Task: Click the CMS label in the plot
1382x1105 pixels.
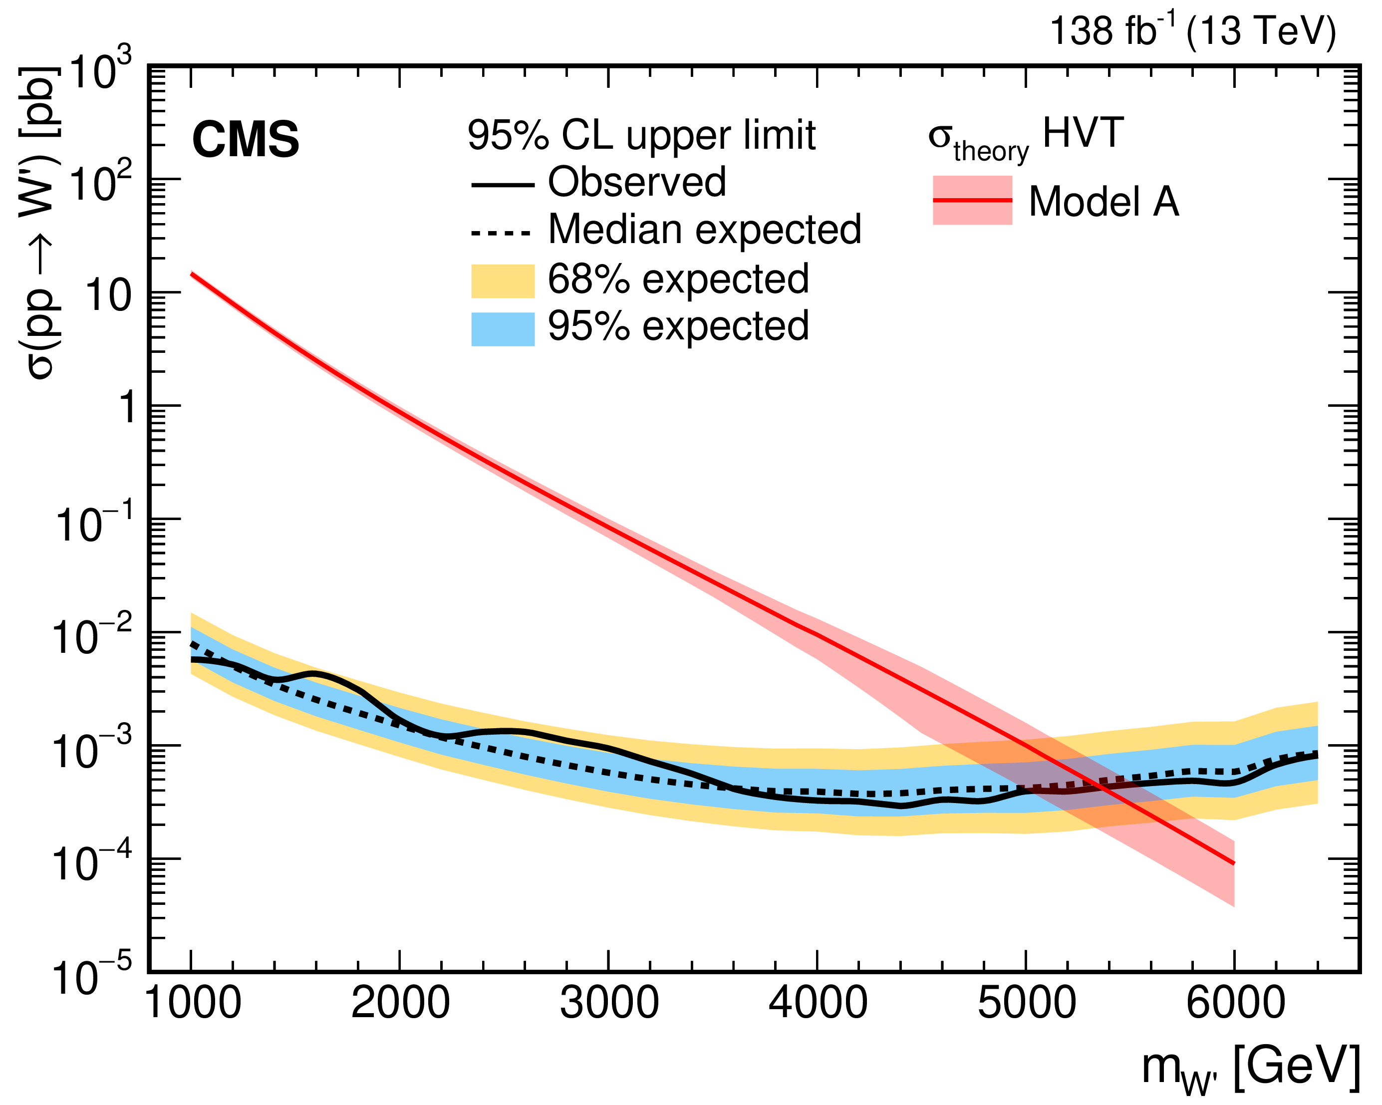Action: tap(246, 140)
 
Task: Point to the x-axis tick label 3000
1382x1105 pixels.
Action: tap(609, 1003)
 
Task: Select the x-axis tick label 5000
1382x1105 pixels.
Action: tap(1026, 1003)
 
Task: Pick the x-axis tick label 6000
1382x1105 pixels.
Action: tap(1235, 1003)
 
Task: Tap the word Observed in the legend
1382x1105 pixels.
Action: tap(636, 182)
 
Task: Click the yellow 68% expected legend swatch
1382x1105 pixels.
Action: tap(503, 280)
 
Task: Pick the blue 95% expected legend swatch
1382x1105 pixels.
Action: tap(503, 329)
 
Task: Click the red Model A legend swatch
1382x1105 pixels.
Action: tap(972, 201)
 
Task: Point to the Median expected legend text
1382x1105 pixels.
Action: tap(704, 230)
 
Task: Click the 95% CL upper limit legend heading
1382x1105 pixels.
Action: tap(641, 135)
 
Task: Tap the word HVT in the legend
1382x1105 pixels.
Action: tap(1083, 133)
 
